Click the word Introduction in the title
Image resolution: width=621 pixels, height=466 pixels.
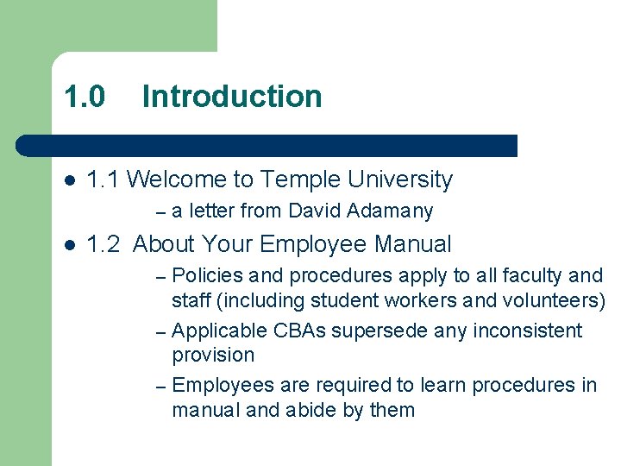coord(232,96)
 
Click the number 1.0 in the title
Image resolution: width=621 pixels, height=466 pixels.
coord(85,96)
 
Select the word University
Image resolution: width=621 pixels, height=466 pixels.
coord(400,179)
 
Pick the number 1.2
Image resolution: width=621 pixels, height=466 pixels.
coord(104,244)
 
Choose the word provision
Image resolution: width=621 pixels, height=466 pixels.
coord(213,355)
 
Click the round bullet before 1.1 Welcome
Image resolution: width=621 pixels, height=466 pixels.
coord(70,180)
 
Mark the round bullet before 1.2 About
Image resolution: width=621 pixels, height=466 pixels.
coord(70,245)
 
